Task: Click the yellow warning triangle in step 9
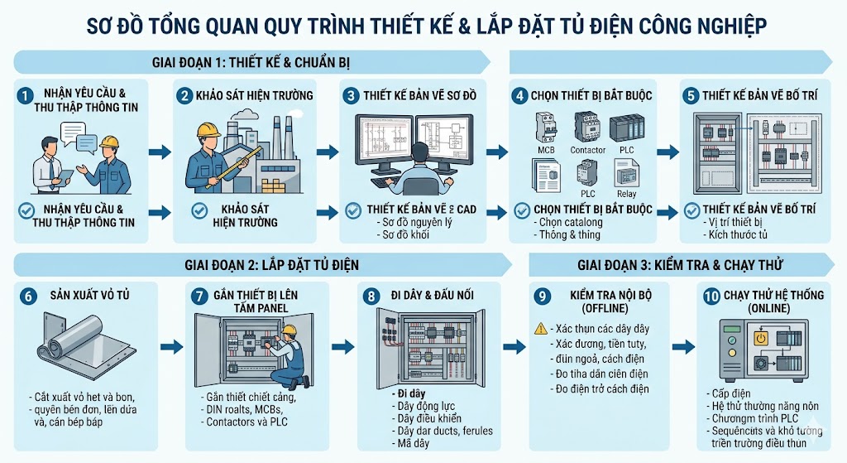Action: point(539,329)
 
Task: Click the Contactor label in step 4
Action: point(587,150)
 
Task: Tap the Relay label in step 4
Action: point(626,194)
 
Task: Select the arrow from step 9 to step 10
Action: point(682,347)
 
